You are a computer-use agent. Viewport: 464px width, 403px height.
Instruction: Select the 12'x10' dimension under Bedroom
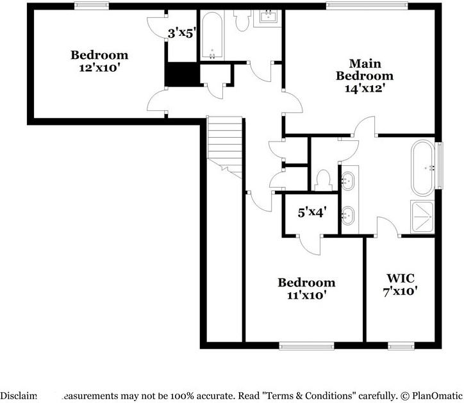[99, 67]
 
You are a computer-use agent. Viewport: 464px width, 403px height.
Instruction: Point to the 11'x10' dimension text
[306, 295]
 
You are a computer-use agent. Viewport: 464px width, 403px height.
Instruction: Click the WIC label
[401, 278]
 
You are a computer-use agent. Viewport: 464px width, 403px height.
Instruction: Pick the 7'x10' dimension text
[401, 290]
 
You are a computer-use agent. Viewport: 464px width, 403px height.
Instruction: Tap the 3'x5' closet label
[181, 32]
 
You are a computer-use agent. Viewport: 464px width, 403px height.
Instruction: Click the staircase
[224, 147]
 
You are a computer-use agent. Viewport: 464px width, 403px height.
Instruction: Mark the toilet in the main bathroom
[322, 179]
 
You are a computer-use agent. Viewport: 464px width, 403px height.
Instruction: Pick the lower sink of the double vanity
[349, 215]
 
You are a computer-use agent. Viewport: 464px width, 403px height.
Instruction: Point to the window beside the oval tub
[440, 167]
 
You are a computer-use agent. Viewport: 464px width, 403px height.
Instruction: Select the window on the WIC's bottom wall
[399, 347]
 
